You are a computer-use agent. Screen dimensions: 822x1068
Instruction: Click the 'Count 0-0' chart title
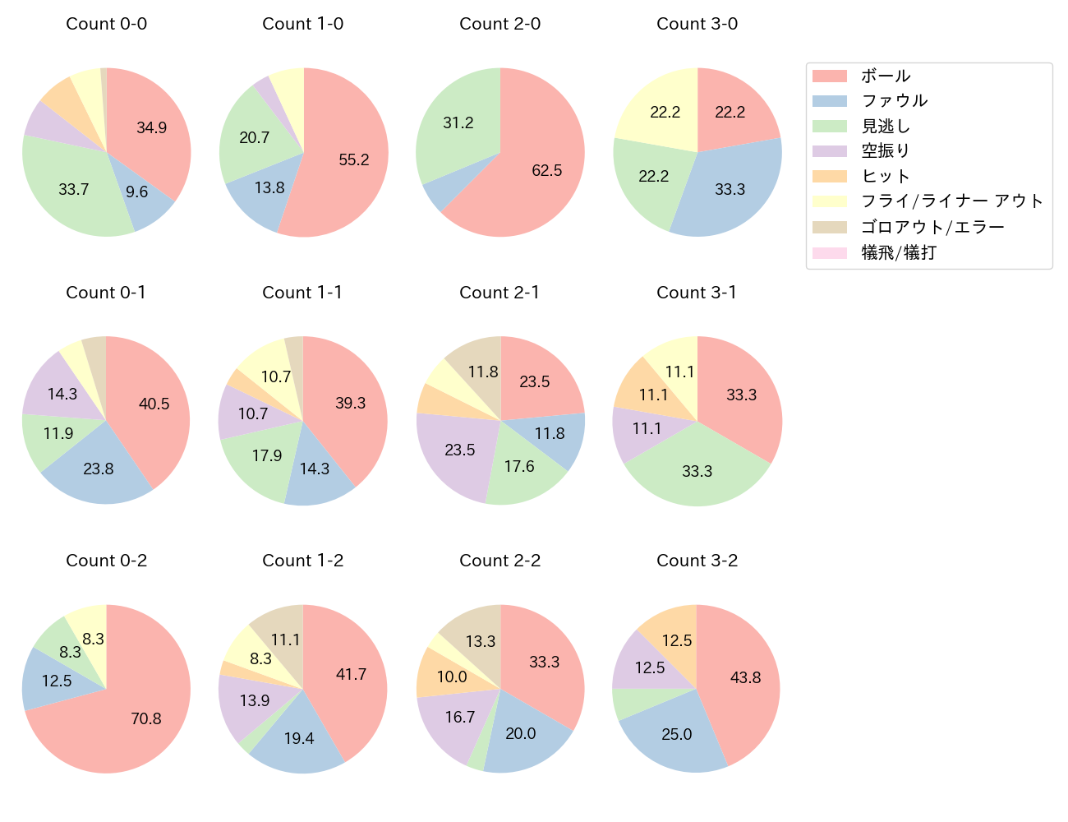[x=106, y=24]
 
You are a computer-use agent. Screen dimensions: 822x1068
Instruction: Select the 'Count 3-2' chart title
[x=697, y=561]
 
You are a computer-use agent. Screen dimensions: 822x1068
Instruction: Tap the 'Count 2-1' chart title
[x=499, y=293]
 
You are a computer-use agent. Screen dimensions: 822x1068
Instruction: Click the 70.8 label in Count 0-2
[x=146, y=718]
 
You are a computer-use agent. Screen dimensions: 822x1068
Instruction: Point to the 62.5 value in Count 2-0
[x=547, y=171]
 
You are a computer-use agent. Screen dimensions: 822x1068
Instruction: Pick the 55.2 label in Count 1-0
[x=354, y=159]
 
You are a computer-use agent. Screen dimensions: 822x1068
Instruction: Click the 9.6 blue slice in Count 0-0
[x=137, y=192]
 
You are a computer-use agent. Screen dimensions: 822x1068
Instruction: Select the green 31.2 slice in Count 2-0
[x=458, y=123]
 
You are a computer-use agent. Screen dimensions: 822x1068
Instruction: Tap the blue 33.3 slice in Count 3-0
[x=730, y=190]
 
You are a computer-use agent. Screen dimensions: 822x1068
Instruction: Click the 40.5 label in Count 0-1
[x=154, y=404]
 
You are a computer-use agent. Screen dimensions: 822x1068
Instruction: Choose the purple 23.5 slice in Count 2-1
[x=460, y=450]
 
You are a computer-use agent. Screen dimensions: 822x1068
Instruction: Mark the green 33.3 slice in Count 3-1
[x=697, y=471]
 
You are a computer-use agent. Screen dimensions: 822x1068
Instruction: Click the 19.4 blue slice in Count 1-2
[x=299, y=738]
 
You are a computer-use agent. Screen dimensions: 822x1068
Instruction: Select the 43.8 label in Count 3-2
[x=745, y=677]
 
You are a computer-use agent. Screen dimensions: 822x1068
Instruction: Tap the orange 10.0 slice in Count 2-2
[x=451, y=677]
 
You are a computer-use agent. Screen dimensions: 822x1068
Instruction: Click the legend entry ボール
[x=886, y=76]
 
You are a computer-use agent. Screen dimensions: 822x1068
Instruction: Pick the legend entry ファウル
[x=894, y=101]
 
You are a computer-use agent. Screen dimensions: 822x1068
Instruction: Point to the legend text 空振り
[x=886, y=151]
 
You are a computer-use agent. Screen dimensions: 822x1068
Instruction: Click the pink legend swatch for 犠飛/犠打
[x=829, y=252]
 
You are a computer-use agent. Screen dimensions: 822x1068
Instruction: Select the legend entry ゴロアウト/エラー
[x=932, y=227]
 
